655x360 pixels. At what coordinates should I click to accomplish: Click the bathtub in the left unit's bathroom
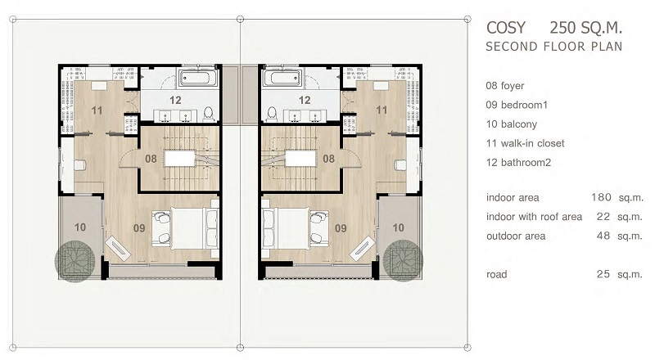point(198,78)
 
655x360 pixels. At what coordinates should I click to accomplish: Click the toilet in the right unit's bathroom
point(272,113)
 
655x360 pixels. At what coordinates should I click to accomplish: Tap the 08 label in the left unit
point(151,159)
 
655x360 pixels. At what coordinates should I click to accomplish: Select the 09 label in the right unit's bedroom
point(341,228)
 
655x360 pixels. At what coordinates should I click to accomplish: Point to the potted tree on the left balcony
point(75,261)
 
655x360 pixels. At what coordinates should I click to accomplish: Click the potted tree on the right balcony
point(403,261)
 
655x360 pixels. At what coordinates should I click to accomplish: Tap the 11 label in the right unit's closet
point(382,110)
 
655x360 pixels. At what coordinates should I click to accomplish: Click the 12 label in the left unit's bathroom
point(175,101)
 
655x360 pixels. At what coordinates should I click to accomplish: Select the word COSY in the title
point(506,28)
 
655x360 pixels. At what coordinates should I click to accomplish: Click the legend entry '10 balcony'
point(511,124)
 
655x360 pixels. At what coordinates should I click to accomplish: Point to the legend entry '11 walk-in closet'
point(525,143)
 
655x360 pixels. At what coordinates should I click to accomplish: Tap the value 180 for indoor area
point(601,197)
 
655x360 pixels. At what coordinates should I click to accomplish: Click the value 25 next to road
point(603,274)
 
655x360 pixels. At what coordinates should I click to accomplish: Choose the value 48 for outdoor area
point(603,236)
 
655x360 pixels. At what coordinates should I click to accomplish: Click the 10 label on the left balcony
point(80,227)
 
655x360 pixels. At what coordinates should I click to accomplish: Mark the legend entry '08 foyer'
point(504,86)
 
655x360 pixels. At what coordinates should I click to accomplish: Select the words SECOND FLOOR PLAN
point(554,47)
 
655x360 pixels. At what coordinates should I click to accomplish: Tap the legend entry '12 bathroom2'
point(518,163)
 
